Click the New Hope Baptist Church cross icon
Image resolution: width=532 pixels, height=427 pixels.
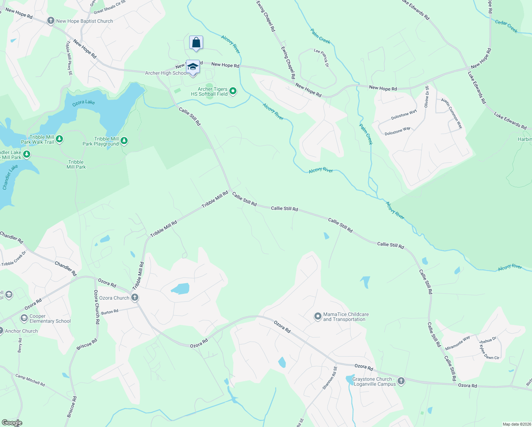point(51,21)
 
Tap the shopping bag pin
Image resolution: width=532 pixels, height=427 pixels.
point(196,43)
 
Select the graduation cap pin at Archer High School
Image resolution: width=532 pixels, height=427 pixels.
point(193,67)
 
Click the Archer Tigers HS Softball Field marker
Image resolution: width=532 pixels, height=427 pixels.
point(233,91)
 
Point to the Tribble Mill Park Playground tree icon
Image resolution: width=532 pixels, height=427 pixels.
point(124,141)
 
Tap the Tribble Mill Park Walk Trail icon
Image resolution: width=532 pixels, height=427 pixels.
point(59,139)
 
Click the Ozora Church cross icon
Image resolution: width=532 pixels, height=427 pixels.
point(134,297)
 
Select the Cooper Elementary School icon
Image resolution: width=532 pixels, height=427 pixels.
point(24,318)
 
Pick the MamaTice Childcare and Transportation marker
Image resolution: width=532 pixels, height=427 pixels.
point(318,316)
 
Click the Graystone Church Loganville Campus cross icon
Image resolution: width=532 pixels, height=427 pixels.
point(401,381)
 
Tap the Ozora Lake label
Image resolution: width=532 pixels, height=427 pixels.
point(84,102)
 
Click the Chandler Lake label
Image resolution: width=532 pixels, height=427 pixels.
point(10,177)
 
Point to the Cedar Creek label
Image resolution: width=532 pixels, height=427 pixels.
point(506,26)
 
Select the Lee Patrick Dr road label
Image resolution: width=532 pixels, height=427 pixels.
point(321,58)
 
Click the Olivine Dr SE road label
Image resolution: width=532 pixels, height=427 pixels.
point(426,96)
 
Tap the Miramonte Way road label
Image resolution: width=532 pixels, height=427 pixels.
point(457,343)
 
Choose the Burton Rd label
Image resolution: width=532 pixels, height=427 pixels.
point(110,312)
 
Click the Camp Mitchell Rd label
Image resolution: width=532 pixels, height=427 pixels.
point(30,380)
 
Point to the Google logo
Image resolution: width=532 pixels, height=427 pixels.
point(11,423)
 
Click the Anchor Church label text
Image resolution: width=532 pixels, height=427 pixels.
point(21,331)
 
